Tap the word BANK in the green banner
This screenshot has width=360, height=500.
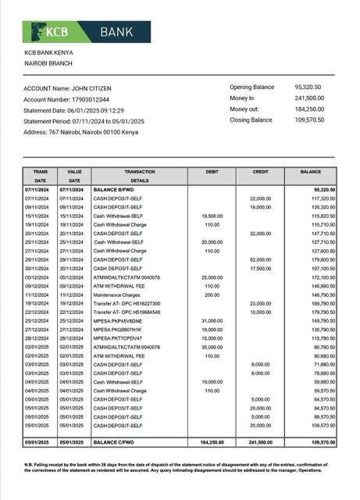pos(116,32)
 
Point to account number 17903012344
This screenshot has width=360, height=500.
pos(87,99)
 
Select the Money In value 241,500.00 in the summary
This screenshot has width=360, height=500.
pos(310,98)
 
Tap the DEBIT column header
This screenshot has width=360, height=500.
pos(213,171)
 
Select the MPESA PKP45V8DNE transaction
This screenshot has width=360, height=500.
pos(119,321)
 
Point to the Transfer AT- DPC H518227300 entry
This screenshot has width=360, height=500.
pos(127,304)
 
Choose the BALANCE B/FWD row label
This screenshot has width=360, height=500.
pos(116,190)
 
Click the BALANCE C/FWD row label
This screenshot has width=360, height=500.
pos(116,441)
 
